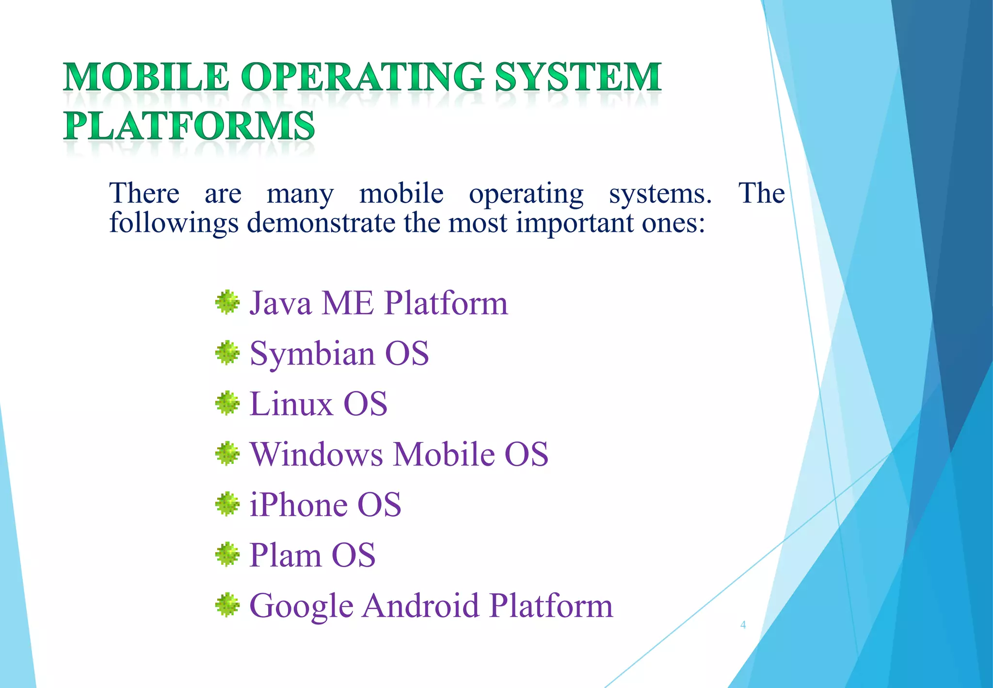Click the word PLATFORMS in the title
point(189,126)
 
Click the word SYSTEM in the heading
point(578,78)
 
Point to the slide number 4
point(743,625)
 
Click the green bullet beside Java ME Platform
point(227,303)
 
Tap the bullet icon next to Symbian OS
point(227,353)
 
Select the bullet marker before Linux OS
point(227,404)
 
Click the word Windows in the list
point(316,454)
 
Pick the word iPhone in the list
point(297,505)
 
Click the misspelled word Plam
point(285,555)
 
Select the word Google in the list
point(301,606)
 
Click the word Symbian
point(312,354)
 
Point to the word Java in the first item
point(280,303)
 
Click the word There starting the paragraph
point(144,193)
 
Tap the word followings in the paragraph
point(174,223)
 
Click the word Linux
point(291,404)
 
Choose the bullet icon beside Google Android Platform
point(227,606)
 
